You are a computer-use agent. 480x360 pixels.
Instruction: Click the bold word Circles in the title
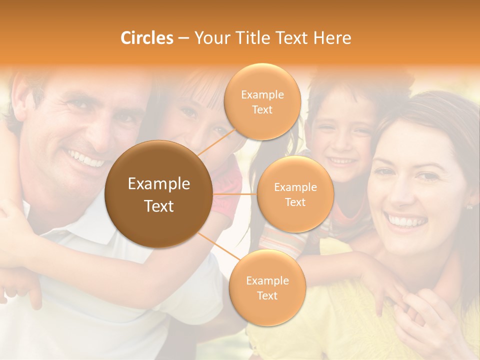[x=146, y=38]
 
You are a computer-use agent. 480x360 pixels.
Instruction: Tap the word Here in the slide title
[x=332, y=38]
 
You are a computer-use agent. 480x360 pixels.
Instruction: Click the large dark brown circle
[x=158, y=194]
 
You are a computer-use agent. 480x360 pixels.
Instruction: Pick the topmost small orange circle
[x=262, y=101]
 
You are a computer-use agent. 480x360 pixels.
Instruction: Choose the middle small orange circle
[x=295, y=194]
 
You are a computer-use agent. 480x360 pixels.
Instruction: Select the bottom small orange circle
[x=267, y=287]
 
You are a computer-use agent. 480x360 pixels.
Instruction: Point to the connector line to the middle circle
[x=235, y=194]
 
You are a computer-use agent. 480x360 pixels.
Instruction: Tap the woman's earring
[x=470, y=206]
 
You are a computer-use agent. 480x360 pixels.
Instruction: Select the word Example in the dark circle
[x=158, y=184]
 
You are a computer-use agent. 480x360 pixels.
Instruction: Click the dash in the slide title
[x=183, y=38]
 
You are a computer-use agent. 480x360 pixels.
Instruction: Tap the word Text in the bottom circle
[x=267, y=295]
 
